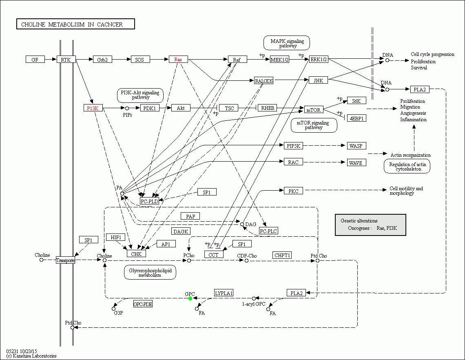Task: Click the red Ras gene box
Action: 178,60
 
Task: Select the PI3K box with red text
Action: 93,108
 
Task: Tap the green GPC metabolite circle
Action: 190,299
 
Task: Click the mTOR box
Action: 314,109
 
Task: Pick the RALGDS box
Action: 263,81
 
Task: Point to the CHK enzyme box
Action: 136,254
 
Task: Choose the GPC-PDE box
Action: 143,304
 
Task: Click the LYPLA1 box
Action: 224,293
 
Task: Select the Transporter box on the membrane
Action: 66,260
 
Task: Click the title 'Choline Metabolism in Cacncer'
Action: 75,24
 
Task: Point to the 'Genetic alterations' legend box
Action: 370,225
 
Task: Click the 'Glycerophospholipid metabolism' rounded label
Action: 150,273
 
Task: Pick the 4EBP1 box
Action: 356,118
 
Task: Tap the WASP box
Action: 357,146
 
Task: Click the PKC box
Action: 293,191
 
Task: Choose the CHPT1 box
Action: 282,256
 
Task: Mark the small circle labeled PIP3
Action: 127,109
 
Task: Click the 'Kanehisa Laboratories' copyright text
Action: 31,356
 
